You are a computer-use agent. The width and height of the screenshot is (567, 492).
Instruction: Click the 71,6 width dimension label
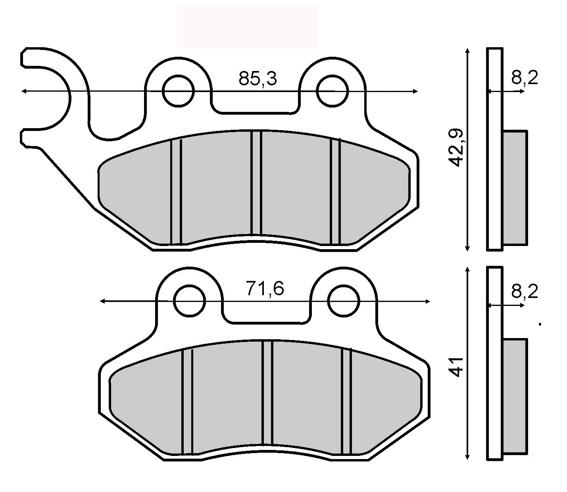(x=265, y=289)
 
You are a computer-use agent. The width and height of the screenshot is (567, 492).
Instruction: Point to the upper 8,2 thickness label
(x=524, y=79)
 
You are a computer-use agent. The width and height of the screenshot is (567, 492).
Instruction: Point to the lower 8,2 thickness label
(x=524, y=292)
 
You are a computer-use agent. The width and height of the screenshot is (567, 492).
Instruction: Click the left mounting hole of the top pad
(x=178, y=91)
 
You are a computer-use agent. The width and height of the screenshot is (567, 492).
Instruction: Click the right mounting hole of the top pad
(x=332, y=91)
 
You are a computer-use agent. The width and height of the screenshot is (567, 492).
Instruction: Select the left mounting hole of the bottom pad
(x=190, y=301)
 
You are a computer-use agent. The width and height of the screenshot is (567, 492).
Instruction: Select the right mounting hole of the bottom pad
(x=343, y=301)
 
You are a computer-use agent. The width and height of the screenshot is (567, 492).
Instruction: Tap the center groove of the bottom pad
(x=267, y=393)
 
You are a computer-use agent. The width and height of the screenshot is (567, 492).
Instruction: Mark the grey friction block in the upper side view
(x=515, y=187)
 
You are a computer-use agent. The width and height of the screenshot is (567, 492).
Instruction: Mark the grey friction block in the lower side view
(x=515, y=396)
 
